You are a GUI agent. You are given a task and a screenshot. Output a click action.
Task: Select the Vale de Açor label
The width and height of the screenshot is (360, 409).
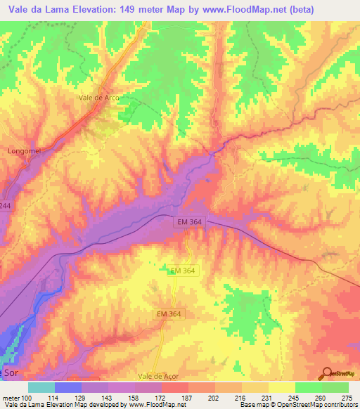coord(160,377)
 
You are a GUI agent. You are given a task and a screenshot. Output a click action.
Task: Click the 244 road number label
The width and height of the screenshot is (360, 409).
coord(6,206)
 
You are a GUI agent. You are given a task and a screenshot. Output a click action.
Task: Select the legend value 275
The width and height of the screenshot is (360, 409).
coord(345,397)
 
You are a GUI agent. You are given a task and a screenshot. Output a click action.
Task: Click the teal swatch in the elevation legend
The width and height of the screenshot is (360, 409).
coord(41,387)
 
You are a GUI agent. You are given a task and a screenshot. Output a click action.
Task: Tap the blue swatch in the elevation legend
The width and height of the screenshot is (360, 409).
coord(67,387)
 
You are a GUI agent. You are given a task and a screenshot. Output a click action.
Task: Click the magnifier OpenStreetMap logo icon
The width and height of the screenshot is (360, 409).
coord(328,374)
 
